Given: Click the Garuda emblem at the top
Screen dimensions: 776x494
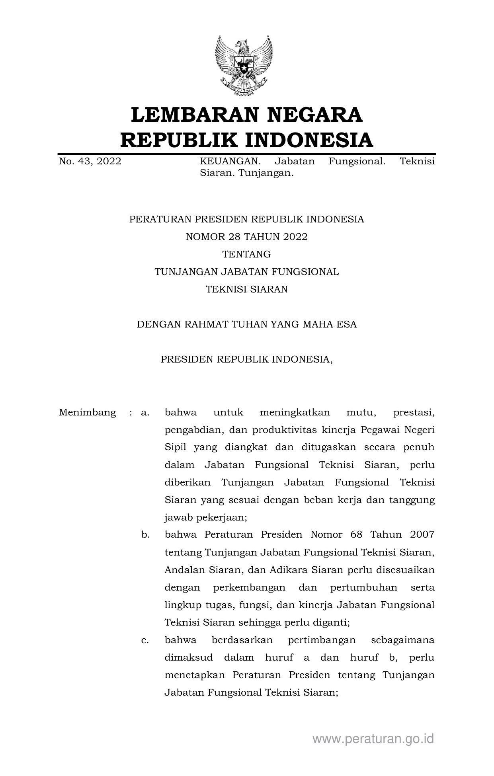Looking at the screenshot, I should click(244, 65).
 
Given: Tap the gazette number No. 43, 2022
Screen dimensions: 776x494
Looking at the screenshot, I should click(90, 161).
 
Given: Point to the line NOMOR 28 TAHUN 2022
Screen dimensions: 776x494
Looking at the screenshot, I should click(246, 237).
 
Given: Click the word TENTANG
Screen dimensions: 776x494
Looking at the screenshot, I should click(246, 254).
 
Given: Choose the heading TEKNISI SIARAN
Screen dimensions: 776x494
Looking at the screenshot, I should click(246, 289).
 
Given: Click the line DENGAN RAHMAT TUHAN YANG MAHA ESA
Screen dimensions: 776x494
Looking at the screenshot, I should click(246, 324).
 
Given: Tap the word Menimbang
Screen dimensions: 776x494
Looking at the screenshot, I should click(87, 412).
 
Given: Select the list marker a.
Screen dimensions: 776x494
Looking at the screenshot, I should click(145, 412).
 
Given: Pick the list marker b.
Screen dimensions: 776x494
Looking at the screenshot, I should click(145, 534).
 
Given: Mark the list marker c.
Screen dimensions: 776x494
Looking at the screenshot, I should click(145, 640).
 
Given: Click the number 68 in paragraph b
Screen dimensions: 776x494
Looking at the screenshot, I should click(356, 534).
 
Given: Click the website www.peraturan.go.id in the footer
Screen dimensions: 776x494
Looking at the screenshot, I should click(373, 739).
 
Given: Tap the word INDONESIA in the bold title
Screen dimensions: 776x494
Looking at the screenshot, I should click(308, 140).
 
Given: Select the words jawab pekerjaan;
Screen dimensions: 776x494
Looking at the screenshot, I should click(206, 517).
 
